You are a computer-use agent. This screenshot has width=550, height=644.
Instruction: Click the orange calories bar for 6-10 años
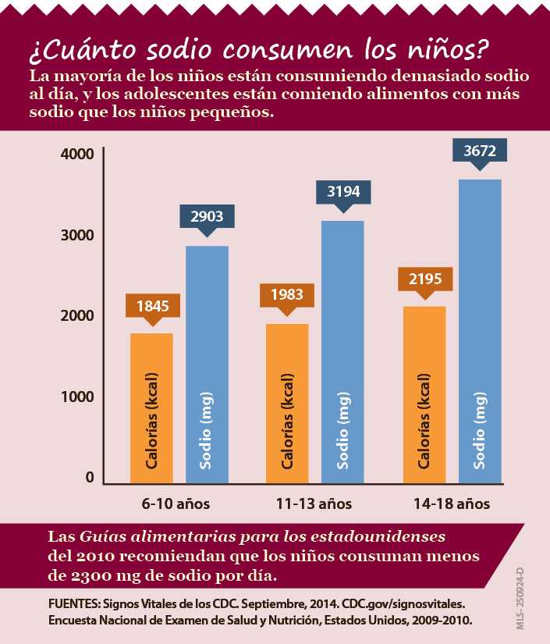151,407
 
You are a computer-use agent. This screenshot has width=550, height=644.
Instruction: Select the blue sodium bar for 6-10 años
207,365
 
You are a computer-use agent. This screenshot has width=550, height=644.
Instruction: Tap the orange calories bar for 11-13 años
287,403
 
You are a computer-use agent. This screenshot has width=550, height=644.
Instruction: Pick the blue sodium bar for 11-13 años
342,352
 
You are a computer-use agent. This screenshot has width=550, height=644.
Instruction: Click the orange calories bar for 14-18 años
424,394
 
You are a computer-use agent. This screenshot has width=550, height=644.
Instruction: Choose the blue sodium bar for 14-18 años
480,331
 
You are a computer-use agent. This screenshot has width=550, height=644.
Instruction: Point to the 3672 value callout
480,151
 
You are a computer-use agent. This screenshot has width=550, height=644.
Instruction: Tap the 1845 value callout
153,305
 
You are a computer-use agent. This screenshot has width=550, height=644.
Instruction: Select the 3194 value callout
342,191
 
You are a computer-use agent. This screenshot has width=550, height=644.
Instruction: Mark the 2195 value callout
425,279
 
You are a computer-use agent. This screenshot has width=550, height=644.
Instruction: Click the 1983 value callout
288,295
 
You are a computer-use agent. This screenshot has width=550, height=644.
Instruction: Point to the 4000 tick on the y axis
77,154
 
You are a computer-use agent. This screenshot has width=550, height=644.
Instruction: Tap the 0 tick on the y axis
90,478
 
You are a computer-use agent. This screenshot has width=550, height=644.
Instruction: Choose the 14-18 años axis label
452,503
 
